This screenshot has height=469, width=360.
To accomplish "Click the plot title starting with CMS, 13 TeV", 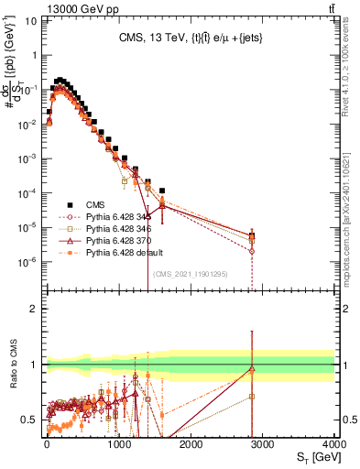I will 190,38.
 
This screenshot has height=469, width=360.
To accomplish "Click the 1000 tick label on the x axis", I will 118,442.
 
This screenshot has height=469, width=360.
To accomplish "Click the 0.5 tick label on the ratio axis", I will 28,420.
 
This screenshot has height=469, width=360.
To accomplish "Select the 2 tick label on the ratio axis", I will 32,309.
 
